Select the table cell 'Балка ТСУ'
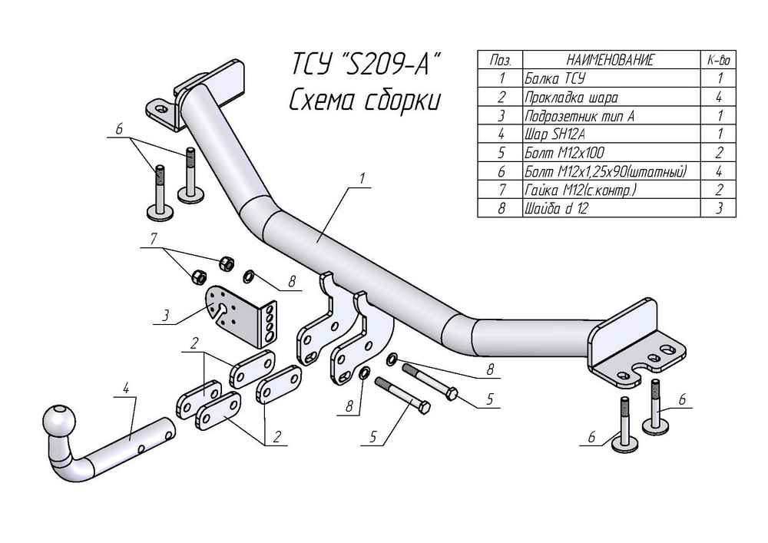(x=611, y=78)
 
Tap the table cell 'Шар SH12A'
(x=611, y=134)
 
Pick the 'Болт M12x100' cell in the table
(x=611, y=153)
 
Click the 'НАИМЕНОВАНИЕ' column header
(x=611, y=60)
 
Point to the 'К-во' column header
(x=718, y=60)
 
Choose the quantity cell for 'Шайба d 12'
(x=718, y=208)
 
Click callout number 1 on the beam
(x=362, y=179)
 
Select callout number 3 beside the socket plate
(x=166, y=315)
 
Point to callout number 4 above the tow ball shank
(x=126, y=389)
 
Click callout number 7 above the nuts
(x=154, y=239)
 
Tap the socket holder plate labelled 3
(x=240, y=314)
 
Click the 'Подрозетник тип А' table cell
(x=611, y=115)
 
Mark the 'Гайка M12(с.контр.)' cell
(x=611, y=190)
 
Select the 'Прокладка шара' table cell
(x=611, y=97)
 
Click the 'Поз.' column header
(x=500, y=60)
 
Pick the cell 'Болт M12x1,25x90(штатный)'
(x=611, y=171)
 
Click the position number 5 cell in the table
(x=500, y=153)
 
